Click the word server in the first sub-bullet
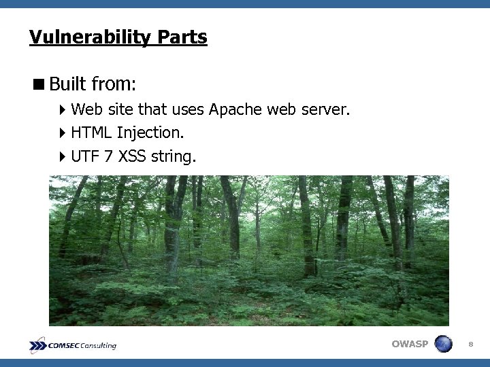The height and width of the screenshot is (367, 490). [x=328, y=109]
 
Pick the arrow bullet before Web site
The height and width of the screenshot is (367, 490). [x=63, y=109]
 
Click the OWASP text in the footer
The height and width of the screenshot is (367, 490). [x=410, y=345]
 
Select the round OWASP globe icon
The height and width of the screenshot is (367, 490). [x=443, y=344]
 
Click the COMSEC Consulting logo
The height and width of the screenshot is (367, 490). [x=73, y=345]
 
